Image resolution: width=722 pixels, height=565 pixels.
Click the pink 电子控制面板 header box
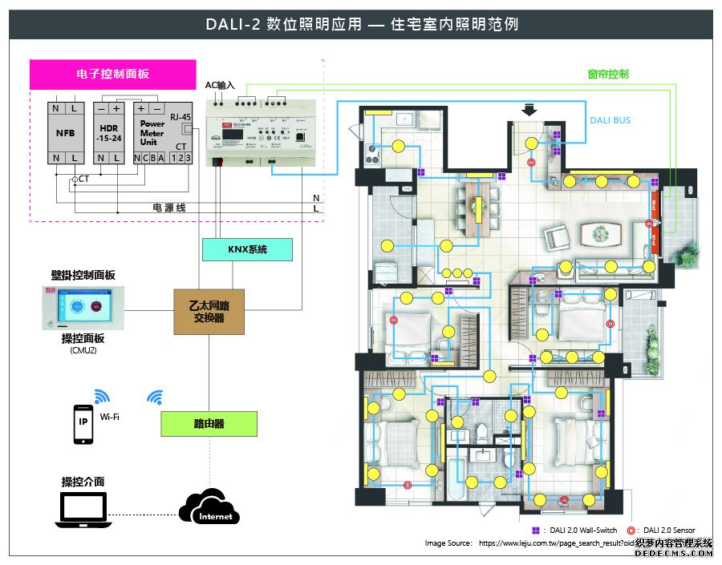112,75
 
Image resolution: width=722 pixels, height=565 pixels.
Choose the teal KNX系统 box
246,250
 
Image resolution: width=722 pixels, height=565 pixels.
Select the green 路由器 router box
209,423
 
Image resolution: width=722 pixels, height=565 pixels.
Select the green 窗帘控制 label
607,75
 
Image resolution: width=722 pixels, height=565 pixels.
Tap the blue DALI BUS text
610,120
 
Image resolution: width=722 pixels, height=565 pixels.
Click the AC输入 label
220,85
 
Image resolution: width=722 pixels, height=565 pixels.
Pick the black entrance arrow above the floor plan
529,110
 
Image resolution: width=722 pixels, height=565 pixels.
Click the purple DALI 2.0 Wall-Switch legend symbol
535,531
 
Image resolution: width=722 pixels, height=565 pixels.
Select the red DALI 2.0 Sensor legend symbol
631,531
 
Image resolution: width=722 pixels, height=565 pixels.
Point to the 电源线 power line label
169,208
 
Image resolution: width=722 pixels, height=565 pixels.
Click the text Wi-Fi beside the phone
109,417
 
